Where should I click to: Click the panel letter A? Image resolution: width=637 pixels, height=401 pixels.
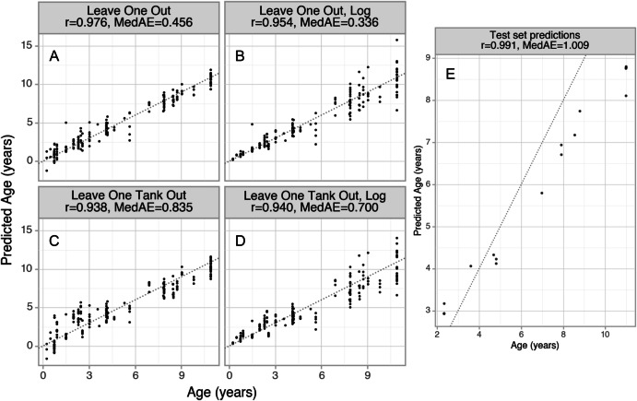tap(55, 59)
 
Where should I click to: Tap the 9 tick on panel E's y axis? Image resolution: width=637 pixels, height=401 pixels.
tap(427, 58)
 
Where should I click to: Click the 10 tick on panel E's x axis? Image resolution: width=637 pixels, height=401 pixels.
tap(605, 383)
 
